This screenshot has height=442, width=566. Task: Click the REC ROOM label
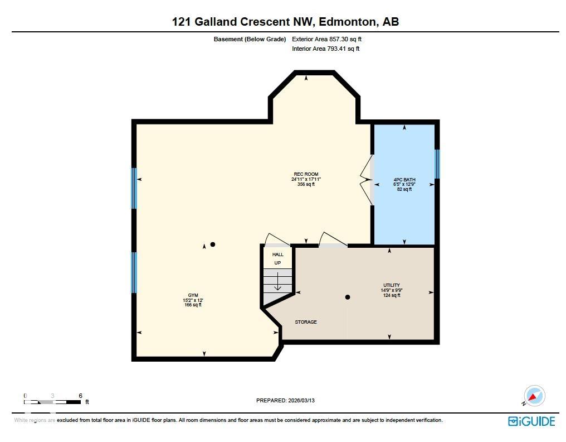coord(306,174)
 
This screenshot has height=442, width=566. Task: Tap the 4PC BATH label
coord(404,180)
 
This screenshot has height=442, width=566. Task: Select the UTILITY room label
coord(391,285)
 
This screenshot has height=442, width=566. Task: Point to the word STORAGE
coord(306,322)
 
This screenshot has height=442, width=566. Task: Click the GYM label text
coord(193,295)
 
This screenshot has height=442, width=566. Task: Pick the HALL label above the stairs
coord(277,254)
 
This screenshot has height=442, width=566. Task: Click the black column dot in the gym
coord(212,244)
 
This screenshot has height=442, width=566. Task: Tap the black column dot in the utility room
coord(347,297)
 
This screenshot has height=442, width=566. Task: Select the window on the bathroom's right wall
coord(437,163)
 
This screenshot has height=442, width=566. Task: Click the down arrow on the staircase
coord(277,284)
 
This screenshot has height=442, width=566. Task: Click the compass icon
coord(534,396)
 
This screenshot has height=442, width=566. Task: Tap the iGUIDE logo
coord(531,421)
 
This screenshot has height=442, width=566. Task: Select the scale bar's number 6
coord(81,396)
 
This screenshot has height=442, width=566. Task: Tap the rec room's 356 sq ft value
coord(306,184)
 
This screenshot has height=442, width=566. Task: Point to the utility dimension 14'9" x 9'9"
coord(391,290)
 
